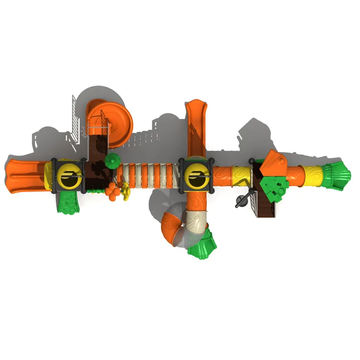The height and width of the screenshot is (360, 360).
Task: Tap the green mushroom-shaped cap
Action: (x=111, y=160)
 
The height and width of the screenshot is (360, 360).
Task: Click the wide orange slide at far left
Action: (x=24, y=175)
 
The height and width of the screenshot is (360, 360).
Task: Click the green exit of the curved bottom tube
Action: (x=201, y=245)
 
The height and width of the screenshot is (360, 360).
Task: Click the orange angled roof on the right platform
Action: (x=274, y=163)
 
